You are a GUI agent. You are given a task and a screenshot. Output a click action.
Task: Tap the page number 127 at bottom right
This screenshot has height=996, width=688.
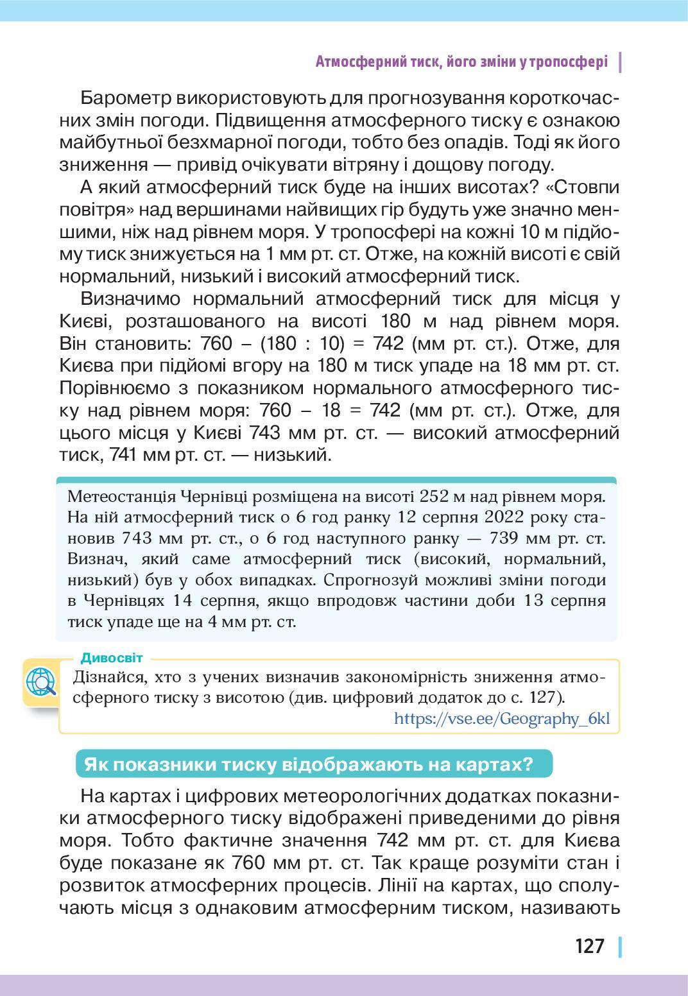[589, 946]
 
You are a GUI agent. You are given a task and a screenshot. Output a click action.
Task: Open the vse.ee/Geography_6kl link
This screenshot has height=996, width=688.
[501, 718]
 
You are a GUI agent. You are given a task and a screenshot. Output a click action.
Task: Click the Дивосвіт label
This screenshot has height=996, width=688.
[112, 658]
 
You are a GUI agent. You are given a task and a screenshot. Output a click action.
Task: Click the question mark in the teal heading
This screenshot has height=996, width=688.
[528, 764]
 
